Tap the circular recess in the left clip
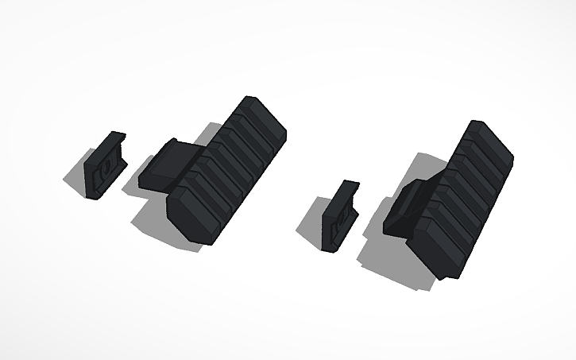point(101,174)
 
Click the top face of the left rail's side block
point(168,157)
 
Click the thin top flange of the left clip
point(118,140)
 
